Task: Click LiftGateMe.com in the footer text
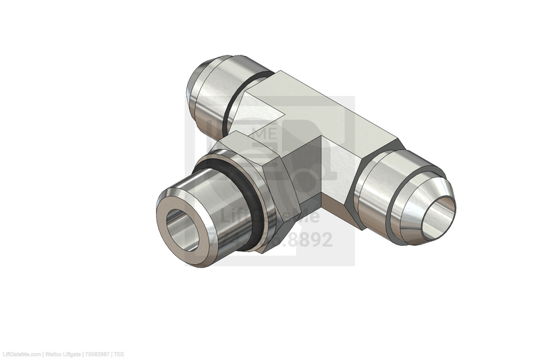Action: coord(20,355)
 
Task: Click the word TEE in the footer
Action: coord(119,355)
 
